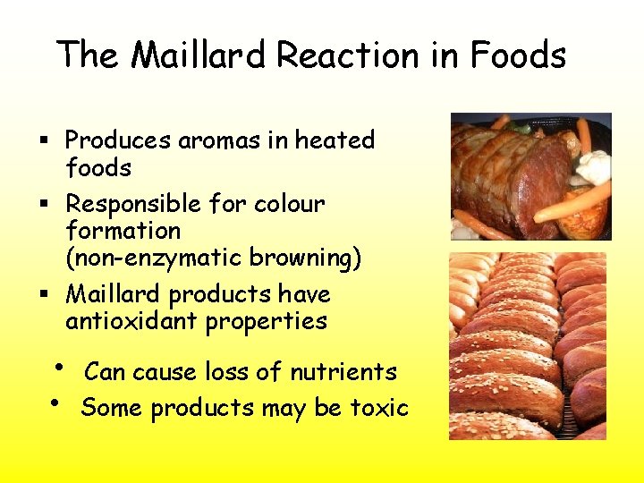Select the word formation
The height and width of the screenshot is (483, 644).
[123, 231]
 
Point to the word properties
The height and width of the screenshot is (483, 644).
[267, 321]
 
